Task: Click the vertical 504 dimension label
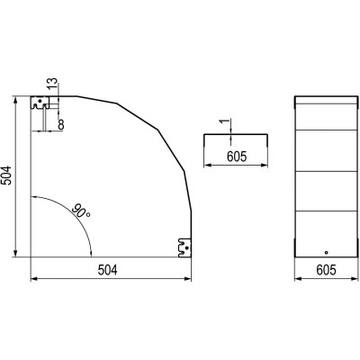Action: point(7,175)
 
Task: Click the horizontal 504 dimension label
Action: point(108,270)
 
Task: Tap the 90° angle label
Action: point(81,211)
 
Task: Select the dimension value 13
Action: point(52,84)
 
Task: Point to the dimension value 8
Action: point(61,124)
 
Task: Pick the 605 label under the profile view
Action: point(237,157)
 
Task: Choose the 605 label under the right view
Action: point(326,270)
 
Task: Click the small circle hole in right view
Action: point(327,253)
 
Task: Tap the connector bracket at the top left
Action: point(40,103)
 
